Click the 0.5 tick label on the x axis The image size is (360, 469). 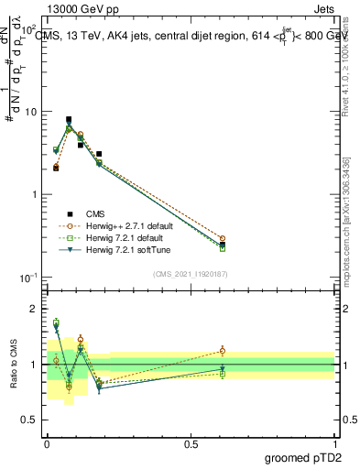(x=191, y=442)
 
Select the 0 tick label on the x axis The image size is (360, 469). (x=47, y=442)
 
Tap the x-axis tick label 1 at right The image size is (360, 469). (x=334, y=442)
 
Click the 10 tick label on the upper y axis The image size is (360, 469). (x=30, y=112)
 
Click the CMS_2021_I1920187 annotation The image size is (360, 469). (x=191, y=274)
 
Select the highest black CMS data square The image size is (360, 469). (x=69, y=119)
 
